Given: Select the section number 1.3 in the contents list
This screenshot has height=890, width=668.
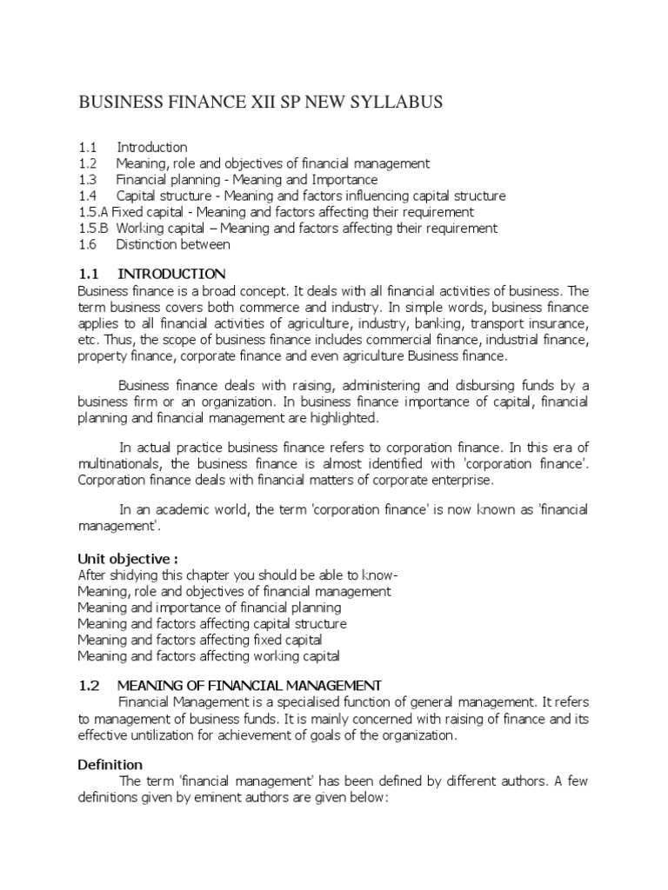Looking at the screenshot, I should pos(87,180).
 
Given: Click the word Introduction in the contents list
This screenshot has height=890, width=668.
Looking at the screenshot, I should pos(152,147).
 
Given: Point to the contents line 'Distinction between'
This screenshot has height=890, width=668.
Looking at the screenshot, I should pos(173,245).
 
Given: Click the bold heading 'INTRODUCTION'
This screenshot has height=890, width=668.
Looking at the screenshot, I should pos(171,274).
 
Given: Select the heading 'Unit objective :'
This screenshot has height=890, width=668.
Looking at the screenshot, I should pos(127,558).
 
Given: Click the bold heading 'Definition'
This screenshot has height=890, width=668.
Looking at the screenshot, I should pos(110,765).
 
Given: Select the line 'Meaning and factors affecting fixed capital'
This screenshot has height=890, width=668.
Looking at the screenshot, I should pos(200,640).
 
